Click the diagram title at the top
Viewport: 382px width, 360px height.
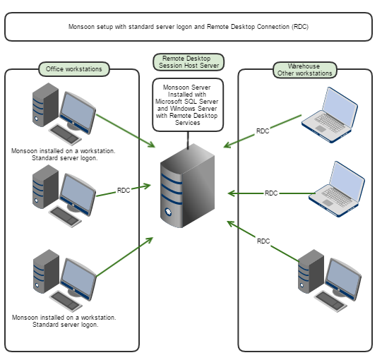click(189, 27)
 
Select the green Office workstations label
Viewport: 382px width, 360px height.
click(74, 69)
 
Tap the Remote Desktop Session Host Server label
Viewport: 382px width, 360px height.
click(189, 62)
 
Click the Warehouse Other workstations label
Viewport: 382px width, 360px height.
click(304, 70)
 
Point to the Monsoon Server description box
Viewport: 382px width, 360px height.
click(188, 104)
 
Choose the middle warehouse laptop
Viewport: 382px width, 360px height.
click(338, 186)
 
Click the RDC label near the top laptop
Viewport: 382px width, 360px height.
click(263, 131)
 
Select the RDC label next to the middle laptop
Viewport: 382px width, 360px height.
click(271, 193)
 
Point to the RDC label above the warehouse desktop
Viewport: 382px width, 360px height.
click(263, 241)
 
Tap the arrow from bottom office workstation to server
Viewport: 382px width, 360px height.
click(124, 257)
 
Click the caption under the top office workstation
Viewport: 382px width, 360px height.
click(64, 155)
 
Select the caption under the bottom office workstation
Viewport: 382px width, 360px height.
click(64, 321)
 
